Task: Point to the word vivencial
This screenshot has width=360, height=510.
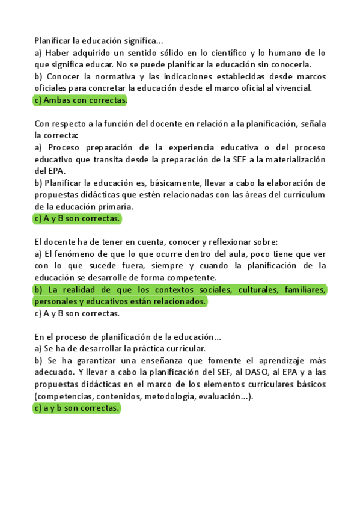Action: [292, 88]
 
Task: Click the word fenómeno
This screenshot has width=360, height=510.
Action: [70, 254]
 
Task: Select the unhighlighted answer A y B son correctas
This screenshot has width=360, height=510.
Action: [77, 313]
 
